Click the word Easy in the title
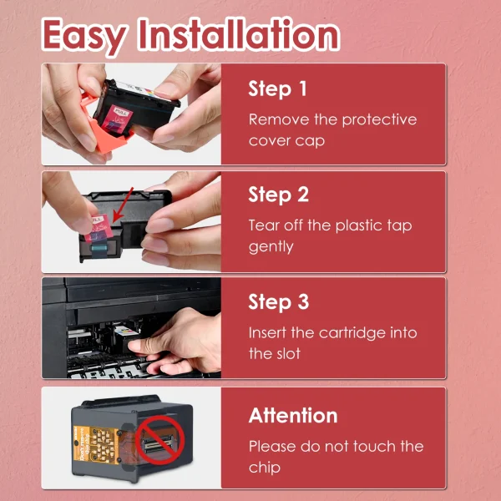click(84, 35)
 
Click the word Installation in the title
click(239, 33)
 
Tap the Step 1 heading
click(277, 89)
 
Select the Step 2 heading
click(279, 195)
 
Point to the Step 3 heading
click(279, 301)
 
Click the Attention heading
click(293, 415)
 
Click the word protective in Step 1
click(379, 120)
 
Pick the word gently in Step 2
click(271, 247)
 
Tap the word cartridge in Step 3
click(352, 333)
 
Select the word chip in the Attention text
click(264, 468)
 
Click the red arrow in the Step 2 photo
click(123, 205)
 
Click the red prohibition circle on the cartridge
click(159, 439)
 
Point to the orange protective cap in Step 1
click(105, 128)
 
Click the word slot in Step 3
click(287, 354)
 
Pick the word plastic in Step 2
click(359, 226)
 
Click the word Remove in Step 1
click(279, 119)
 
